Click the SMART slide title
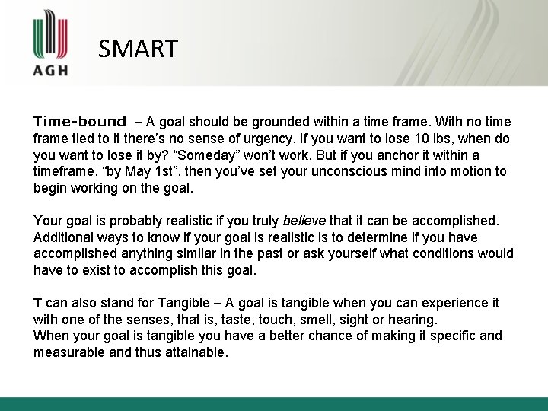click(138, 49)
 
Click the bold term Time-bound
click(79, 122)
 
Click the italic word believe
click(304, 221)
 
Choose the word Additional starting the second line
click(64, 237)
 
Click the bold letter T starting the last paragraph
click(38, 303)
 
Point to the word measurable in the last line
click(66, 353)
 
